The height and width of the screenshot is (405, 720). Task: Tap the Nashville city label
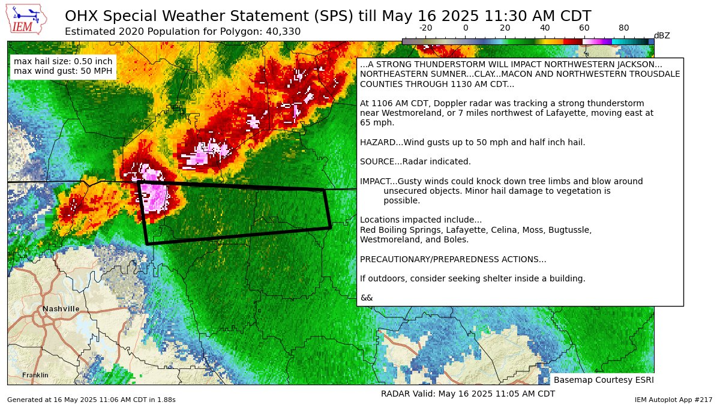point(61,309)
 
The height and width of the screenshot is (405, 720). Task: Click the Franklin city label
point(35,376)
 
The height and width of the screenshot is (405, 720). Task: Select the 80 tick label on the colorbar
point(624,28)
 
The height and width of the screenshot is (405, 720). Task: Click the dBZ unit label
point(662,36)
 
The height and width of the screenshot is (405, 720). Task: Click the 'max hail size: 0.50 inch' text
point(63,62)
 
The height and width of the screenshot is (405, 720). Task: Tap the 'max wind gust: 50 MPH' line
point(63,71)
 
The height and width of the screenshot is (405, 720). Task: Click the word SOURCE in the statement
point(376,161)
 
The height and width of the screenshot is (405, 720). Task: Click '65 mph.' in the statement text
point(376,122)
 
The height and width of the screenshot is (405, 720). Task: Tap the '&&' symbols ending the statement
point(366,298)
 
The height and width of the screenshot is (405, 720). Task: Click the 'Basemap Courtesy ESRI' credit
point(603,380)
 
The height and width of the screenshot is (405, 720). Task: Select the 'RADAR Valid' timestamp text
point(467,394)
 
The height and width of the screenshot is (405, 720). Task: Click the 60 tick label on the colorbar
point(584,28)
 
